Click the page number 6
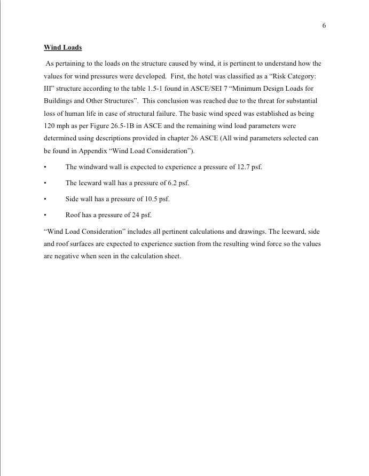pyautogui.click(x=324, y=26)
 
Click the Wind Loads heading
pyautogui.click(x=62, y=47)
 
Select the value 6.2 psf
pyautogui.click(x=177, y=183)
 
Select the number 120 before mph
pyautogui.click(x=50, y=126)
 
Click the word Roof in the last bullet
pyautogui.click(x=73, y=215)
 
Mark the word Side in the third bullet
pyautogui.click(x=72, y=199)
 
